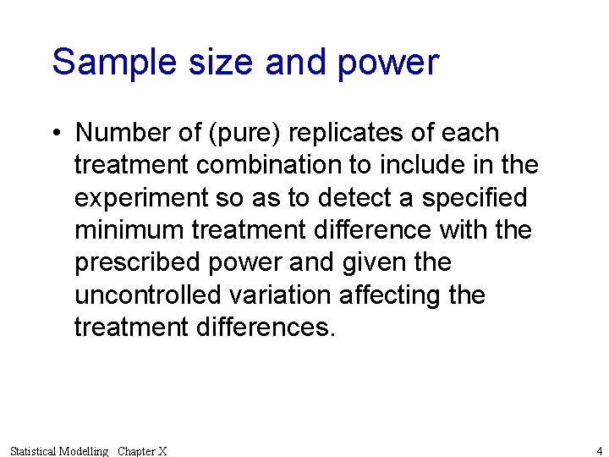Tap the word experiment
[140, 198]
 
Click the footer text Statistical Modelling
[59, 451]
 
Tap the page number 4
[599, 450]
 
